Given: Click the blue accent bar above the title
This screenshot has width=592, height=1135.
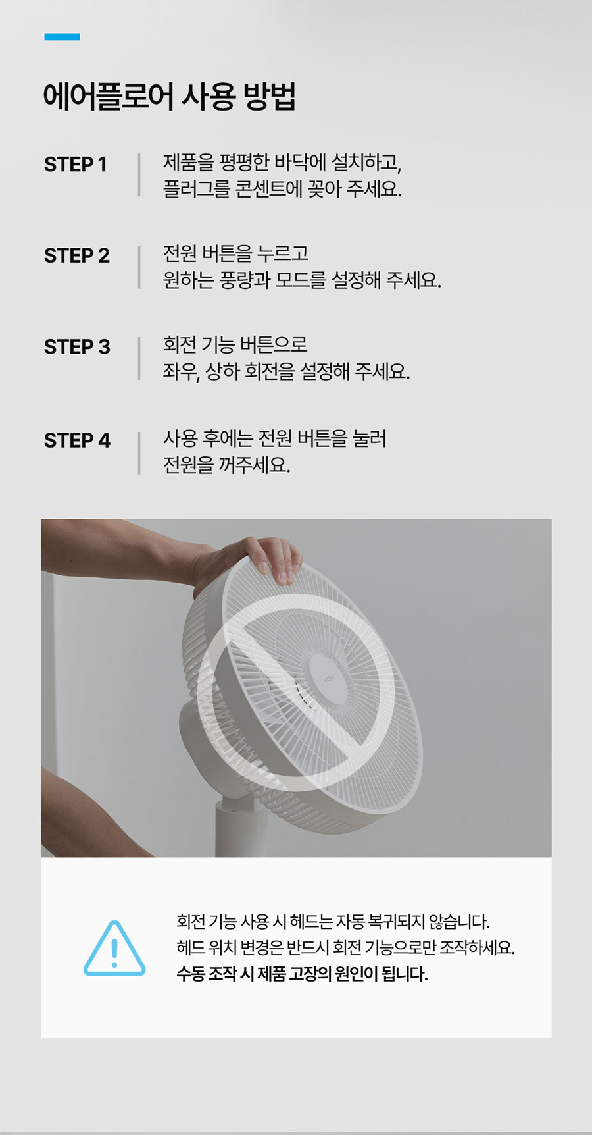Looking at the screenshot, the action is [x=62, y=37].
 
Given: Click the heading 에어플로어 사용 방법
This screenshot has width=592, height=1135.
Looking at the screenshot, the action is [x=170, y=96].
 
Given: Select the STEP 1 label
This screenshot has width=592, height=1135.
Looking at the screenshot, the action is [x=75, y=164].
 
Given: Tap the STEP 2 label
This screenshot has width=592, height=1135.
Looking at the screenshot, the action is [x=77, y=255].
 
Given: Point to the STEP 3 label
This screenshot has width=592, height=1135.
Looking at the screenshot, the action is [x=77, y=347].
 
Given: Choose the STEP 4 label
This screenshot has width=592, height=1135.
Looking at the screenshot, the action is [x=77, y=440].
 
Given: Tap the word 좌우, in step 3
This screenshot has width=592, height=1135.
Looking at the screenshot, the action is [x=182, y=372].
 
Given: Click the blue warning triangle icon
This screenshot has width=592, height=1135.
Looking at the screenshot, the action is [x=114, y=949].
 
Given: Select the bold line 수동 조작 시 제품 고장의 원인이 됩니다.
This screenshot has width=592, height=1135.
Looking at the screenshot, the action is [x=302, y=974].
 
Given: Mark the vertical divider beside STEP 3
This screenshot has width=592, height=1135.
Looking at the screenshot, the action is [x=139, y=358].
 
